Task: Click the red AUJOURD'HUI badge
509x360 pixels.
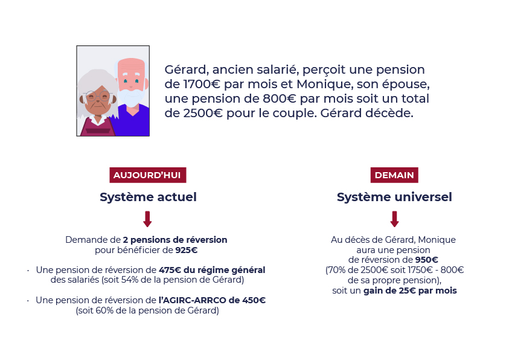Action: (x=148, y=175)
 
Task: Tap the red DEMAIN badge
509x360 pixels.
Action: (x=394, y=175)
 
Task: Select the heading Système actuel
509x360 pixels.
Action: (x=148, y=197)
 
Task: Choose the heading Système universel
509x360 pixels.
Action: (x=394, y=197)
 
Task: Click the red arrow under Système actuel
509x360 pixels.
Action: (x=147, y=219)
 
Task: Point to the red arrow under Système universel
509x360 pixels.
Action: (x=394, y=219)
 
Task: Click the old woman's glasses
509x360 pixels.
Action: (x=98, y=96)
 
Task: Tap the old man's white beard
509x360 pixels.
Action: (x=132, y=97)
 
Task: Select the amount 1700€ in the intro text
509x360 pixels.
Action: (x=202, y=84)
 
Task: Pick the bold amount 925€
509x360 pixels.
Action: (x=187, y=250)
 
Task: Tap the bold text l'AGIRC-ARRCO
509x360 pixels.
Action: (x=192, y=300)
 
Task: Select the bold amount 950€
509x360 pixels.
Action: (x=427, y=260)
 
